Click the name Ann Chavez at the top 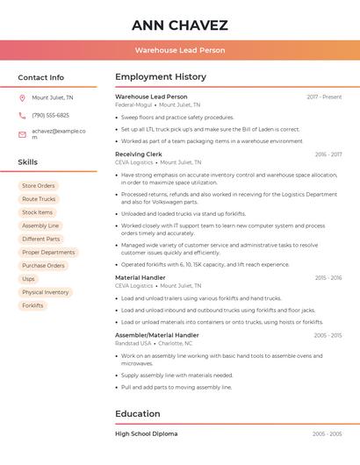click(x=180, y=25)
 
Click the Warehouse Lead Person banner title click(x=180, y=51)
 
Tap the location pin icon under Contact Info click(x=22, y=98)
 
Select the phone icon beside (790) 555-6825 click(x=22, y=116)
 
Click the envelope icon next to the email click(x=22, y=134)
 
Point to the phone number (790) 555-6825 click(x=50, y=116)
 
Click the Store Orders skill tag click(x=38, y=186)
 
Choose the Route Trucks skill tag click(x=38, y=199)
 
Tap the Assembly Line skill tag click(x=40, y=225)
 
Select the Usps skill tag click(x=28, y=279)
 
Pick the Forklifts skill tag click(x=32, y=305)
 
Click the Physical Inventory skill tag click(x=45, y=292)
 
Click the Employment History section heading click(x=161, y=77)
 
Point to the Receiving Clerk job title click(x=138, y=154)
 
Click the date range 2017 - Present click(x=324, y=97)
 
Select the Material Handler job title click(x=140, y=277)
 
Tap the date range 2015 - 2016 click(x=328, y=278)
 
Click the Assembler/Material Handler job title click(x=156, y=335)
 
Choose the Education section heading click(x=138, y=414)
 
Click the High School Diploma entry click(x=146, y=433)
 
